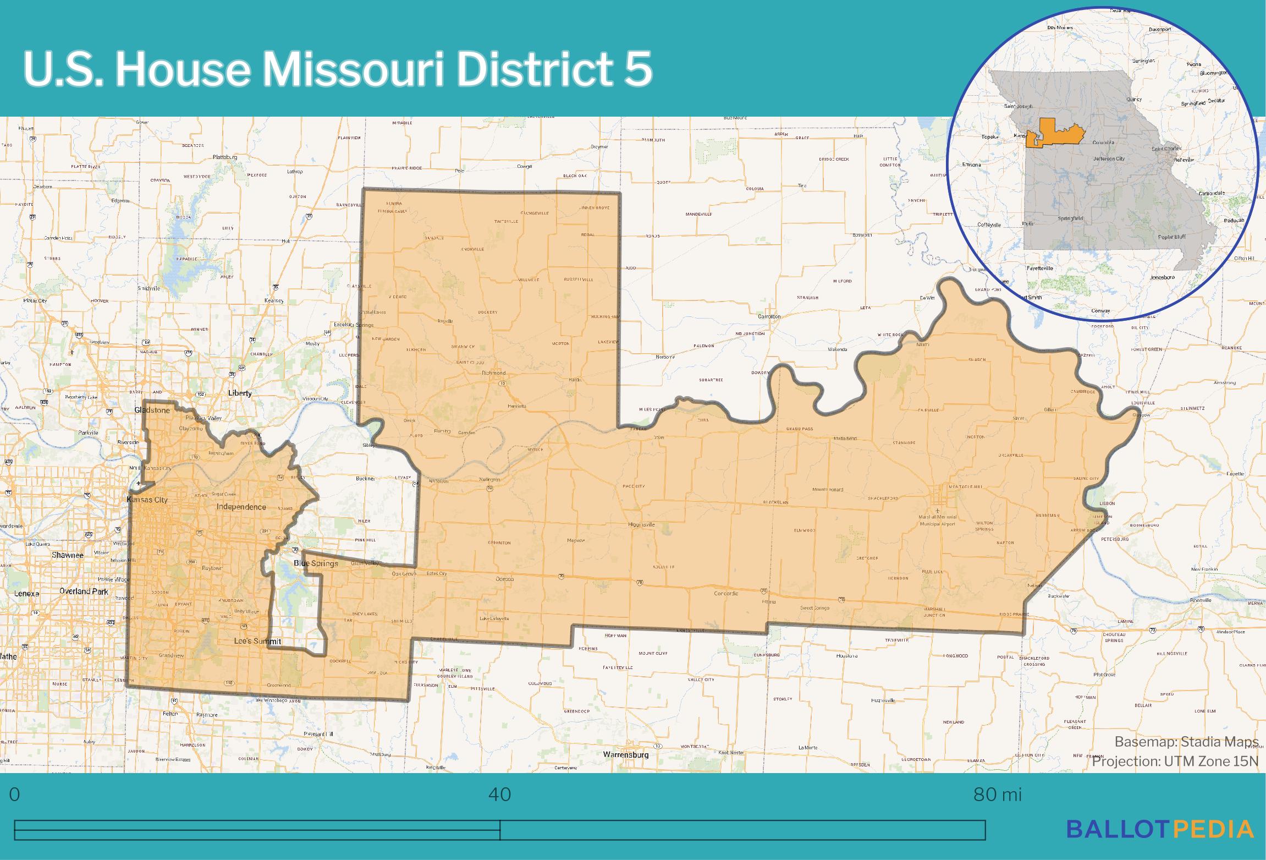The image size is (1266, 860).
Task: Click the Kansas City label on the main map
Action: click(147, 500)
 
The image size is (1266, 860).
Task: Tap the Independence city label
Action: click(241, 507)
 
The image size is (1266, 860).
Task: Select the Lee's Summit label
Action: click(257, 642)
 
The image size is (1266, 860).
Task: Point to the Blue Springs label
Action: click(316, 563)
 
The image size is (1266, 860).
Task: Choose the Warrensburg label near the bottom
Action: click(625, 754)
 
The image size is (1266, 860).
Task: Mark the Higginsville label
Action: click(641, 525)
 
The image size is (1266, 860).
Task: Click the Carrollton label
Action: click(769, 317)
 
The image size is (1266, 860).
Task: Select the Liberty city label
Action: click(240, 393)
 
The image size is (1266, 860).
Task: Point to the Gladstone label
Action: click(152, 410)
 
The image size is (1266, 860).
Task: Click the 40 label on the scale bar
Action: click(499, 795)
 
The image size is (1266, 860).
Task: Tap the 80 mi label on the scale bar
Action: click(997, 795)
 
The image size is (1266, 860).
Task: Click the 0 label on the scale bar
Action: click(15, 795)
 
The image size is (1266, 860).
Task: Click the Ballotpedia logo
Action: click(1160, 829)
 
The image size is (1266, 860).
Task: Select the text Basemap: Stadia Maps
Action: click(1186, 742)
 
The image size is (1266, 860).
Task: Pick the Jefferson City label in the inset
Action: click(1108, 158)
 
